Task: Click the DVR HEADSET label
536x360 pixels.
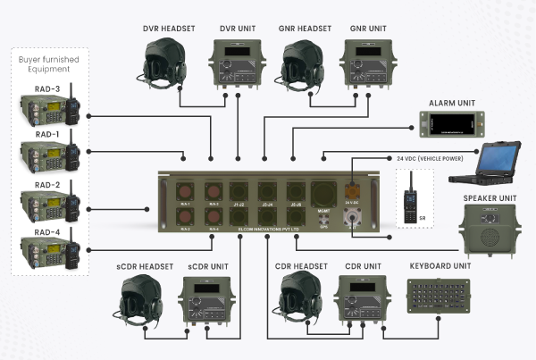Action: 169,29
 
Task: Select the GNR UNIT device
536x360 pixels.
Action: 368,67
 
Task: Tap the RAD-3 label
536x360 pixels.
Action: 47,89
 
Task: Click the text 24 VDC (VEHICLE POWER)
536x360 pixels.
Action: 427,158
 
